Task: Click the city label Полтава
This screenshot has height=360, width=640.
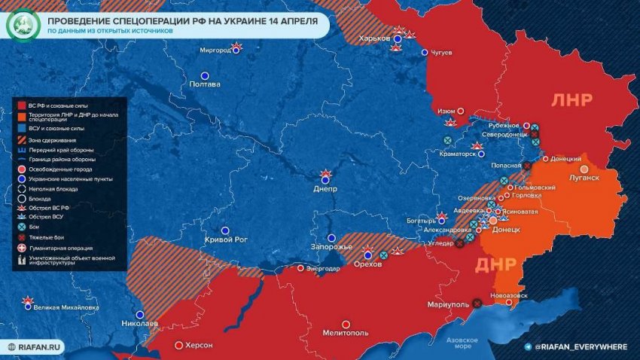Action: [x=207, y=84]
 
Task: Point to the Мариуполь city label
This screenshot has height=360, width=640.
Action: [x=447, y=306]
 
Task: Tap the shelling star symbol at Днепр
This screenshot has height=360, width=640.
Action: [x=326, y=175]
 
